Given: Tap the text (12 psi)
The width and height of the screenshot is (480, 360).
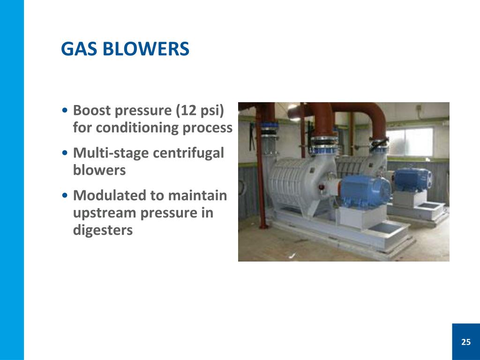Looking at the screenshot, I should tap(200, 111).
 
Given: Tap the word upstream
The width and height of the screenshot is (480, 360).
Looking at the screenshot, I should tap(103, 213).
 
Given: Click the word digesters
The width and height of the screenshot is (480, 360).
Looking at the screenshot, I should tap(103, 230).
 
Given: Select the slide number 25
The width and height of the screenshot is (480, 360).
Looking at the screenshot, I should tap(465, 342).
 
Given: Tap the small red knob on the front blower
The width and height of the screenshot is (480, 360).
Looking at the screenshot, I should tap(321, 189).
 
